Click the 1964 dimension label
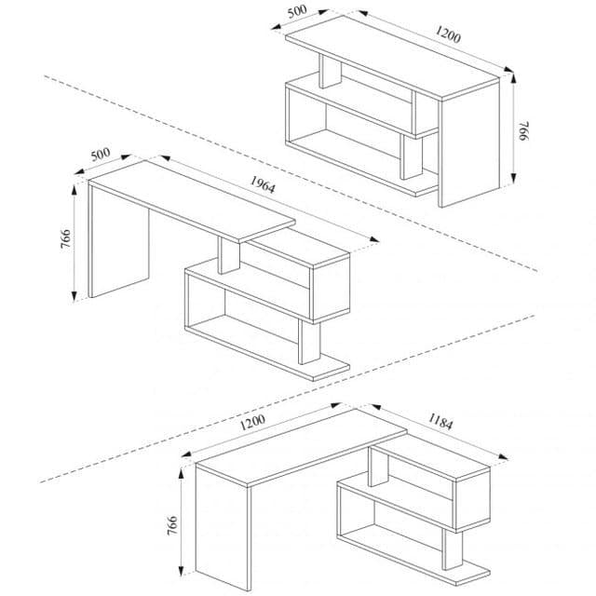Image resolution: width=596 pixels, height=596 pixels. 263,184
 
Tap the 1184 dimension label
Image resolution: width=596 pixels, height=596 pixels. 440,422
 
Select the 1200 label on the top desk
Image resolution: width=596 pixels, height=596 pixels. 448,34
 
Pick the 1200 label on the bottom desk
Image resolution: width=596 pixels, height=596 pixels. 252,422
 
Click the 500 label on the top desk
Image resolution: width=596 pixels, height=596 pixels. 297,11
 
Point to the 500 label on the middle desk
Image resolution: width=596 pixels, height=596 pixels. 101,155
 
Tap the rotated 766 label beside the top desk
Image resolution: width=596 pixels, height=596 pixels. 524,131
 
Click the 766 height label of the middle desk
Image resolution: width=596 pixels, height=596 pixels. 65,238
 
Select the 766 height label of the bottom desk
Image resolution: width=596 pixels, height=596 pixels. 172,525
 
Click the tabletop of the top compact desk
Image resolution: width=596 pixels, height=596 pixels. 392,57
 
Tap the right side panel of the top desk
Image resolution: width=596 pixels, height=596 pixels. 468,143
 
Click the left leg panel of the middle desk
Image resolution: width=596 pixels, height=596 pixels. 118,243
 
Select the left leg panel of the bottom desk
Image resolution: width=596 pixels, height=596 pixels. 223,528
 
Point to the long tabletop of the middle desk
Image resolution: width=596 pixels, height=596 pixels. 192,201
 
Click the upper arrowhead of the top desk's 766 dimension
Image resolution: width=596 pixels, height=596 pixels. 513,78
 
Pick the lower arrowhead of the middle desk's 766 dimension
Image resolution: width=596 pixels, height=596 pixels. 74,296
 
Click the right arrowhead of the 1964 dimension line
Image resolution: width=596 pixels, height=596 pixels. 374,239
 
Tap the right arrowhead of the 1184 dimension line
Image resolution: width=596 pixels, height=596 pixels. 503,456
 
